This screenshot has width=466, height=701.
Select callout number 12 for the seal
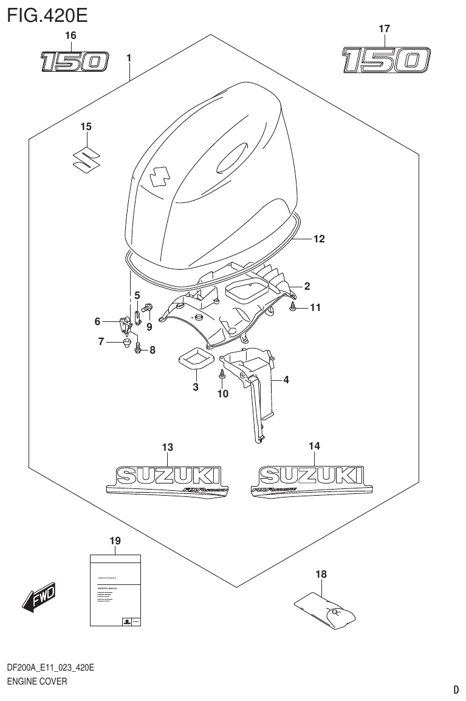pos(319,239)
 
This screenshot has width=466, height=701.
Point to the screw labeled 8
pos(137,349)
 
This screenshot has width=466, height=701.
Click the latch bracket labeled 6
pos(126,325)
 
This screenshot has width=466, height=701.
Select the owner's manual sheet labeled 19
pos(115,589)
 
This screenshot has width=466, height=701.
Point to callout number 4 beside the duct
pos(285,381)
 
